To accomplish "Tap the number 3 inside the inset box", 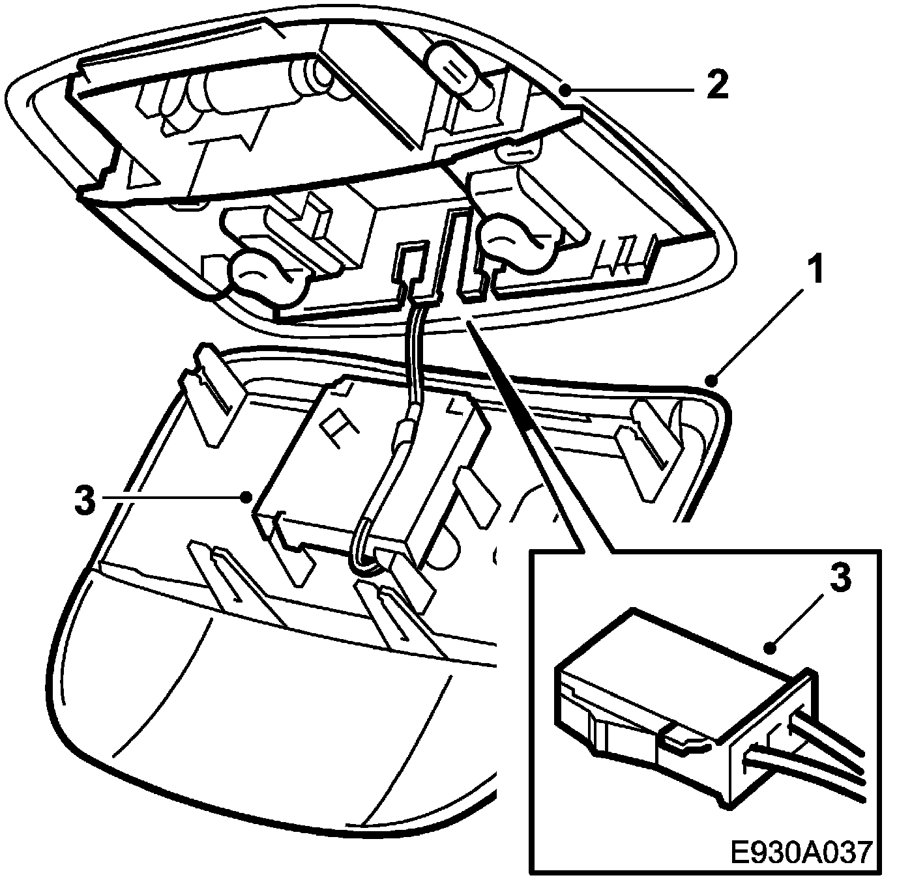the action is (x=839, y=578).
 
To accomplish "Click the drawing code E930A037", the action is (x=801, y=853).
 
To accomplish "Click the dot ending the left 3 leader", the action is (x=246, y=498).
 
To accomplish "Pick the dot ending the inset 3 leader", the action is (x=771, y=647).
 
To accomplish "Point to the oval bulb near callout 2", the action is (x=456, y=72).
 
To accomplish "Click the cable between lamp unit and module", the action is (x=414, y=358).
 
